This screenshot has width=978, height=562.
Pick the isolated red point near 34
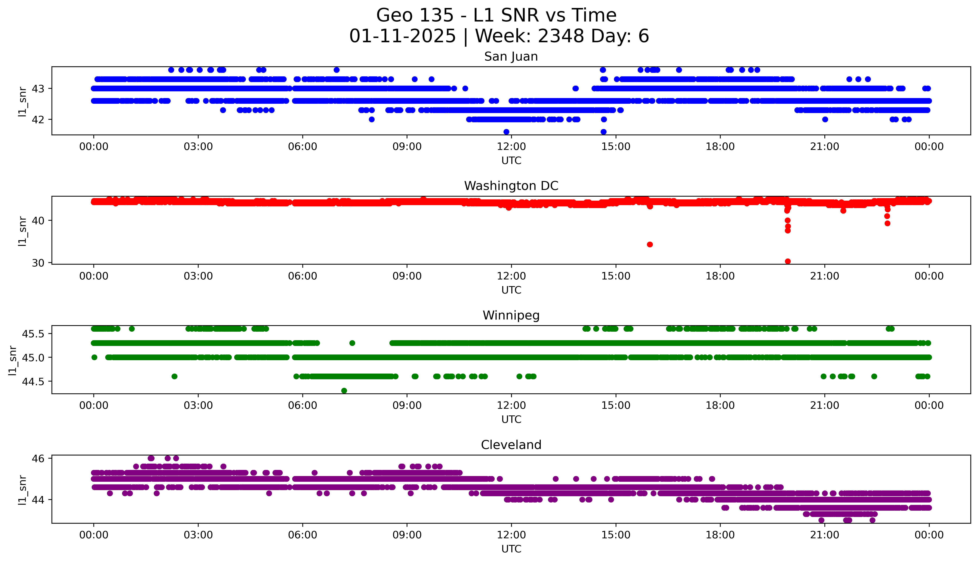coord(650,244)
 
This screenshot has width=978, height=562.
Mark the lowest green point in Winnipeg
coord(344,391)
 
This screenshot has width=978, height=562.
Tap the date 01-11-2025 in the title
coord(402,36)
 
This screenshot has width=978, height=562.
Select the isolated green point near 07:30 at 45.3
coord(352,343)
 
